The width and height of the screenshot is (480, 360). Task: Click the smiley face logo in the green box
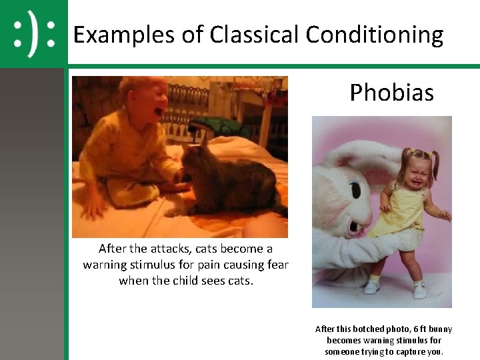click(33, 34)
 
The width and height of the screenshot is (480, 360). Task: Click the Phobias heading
click(391, 93)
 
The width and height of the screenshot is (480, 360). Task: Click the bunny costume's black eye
click(355, 192)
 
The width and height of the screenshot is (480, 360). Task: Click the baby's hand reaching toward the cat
click(179, 177)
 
